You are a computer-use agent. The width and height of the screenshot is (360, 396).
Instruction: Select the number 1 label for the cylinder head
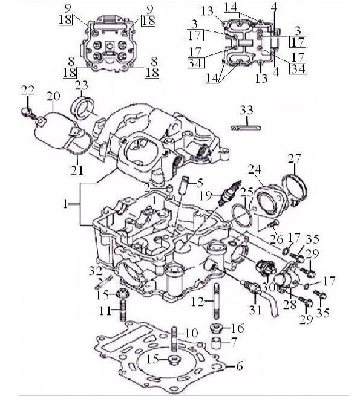point(66,205)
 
